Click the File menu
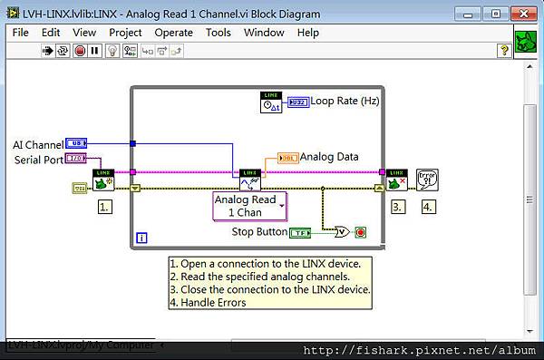click(x=20, y=33)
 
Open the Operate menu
click(x=173, y=33)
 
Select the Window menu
click(x=264, y=33)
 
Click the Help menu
click(x=308, y=33)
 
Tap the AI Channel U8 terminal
click(x=77, y=143)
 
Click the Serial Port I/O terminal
click(x=77, y=160)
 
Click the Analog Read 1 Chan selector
click(x=249, y=206)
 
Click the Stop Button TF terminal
click(x=301, y=232)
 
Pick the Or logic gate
click(x=343, y=232)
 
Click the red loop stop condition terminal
click(x=362, y=232)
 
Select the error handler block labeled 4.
click(x=428, y=180)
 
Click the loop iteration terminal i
click(x=141, y=238)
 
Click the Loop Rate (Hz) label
click(x=345, y=102)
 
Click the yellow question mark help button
click(x=504, y=51)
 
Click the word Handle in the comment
click(x=203, y=303)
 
